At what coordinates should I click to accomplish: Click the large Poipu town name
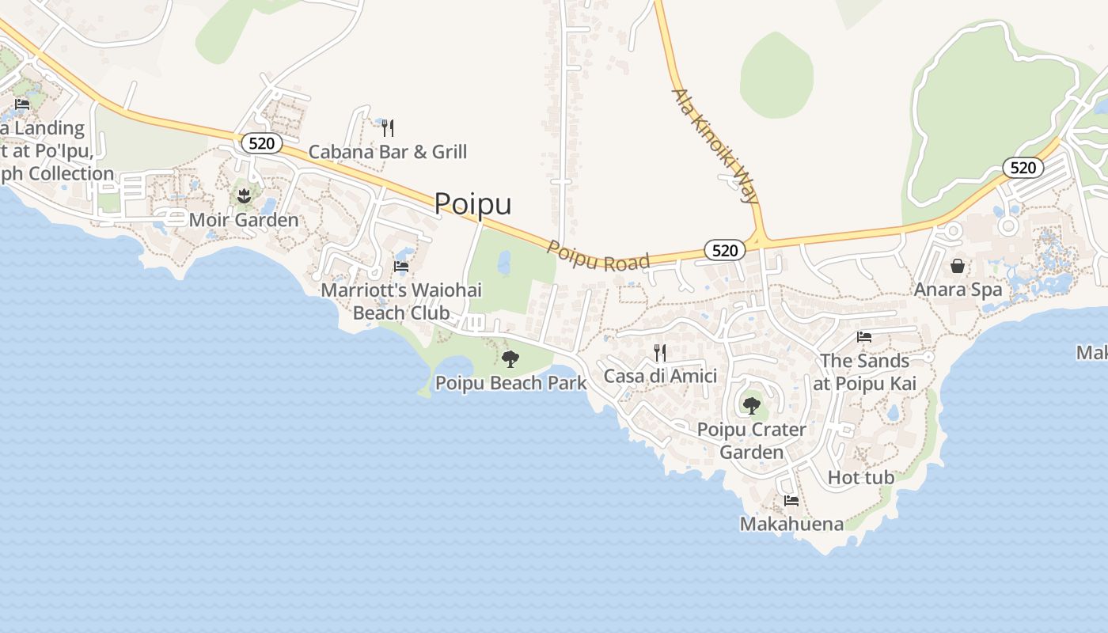(472, 204)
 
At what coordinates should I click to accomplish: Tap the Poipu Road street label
(598, 257)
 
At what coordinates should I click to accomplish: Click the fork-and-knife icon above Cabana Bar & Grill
(388, 127)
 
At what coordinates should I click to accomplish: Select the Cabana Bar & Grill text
(388, 152)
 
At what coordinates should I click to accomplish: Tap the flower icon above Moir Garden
(243, 195)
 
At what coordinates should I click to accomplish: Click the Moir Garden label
(244, 220)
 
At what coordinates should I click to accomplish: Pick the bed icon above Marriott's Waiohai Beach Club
(401, 267)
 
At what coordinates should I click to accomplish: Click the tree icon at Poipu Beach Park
(510, 359)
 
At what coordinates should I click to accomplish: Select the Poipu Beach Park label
(511, 384)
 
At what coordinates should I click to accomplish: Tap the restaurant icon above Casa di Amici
(660, 352)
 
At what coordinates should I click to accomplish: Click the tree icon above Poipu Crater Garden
(751, 406)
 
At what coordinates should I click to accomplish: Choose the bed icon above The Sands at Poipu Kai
(864, 337)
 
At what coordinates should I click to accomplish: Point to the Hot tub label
(861, 478)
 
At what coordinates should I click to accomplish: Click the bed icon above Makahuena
(791, 500)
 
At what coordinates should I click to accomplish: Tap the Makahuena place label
(791, 524)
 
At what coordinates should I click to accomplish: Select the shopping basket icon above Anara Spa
(958, 266)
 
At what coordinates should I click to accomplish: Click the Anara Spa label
(958, 290)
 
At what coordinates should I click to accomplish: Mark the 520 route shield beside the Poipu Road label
(724, 251)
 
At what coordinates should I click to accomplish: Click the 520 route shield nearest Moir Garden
(261, 143)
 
